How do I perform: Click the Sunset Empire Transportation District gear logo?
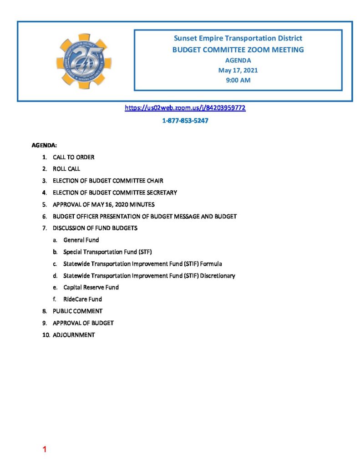point(84,61)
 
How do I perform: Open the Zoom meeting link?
point(185,108)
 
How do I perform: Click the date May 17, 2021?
point(238,70)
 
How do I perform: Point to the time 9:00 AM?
point(238,80)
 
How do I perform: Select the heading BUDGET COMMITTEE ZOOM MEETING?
point(238,50)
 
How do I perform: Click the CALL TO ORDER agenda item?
point(73,157)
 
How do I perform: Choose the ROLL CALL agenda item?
point(66,169)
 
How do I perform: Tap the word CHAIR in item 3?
point(155,181)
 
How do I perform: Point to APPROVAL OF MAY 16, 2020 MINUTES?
point(103,204)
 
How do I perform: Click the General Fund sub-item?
point(81,240)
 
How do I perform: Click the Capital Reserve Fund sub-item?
point(91,287)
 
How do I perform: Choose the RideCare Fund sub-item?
point(82,299)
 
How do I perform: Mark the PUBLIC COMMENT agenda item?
point(77,311)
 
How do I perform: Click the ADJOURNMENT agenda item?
point(74,334)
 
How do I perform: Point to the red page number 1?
point(45,450)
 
